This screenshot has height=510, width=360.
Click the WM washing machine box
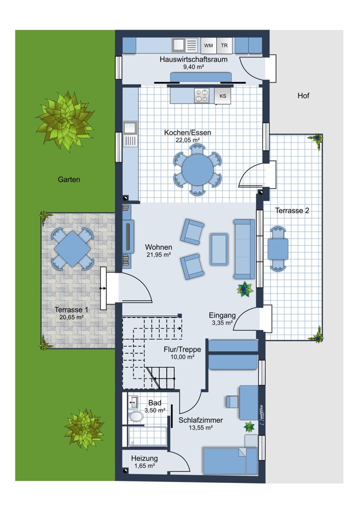pyautogui.click(x=209, y=45)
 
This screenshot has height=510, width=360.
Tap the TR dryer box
pyautogui.click(x=224, y=45)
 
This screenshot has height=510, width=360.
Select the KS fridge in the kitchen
pyautogui.click(x=223, y=96)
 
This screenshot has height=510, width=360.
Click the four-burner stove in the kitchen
pyautogui.click(x=201, y=96)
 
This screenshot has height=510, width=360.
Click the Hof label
pyautogui.click(x=303, y=96)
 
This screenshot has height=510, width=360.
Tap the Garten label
pyautogui.click(x=69, y=179)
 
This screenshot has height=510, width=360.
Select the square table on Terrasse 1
pyautogui.click(x=72, y=249)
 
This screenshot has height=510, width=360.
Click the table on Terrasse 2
pyautogui.click(x=278, y=249)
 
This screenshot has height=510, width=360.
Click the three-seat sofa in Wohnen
pyautogui.click(x=244, y=249)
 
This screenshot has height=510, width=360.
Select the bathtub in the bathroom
pyautogui.click(x=147, y=437)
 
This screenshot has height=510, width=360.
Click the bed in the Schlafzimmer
pyautogui.click(x=230, y=461)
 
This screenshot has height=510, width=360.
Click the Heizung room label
pyautogui.click(x=144, y=458)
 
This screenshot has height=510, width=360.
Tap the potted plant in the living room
pyautogui.click(x=245, y=289)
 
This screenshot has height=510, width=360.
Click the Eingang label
pyautogui.click(x=222, y=316)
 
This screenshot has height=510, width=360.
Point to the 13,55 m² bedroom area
pyautogui.click(x=200, y=428)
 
